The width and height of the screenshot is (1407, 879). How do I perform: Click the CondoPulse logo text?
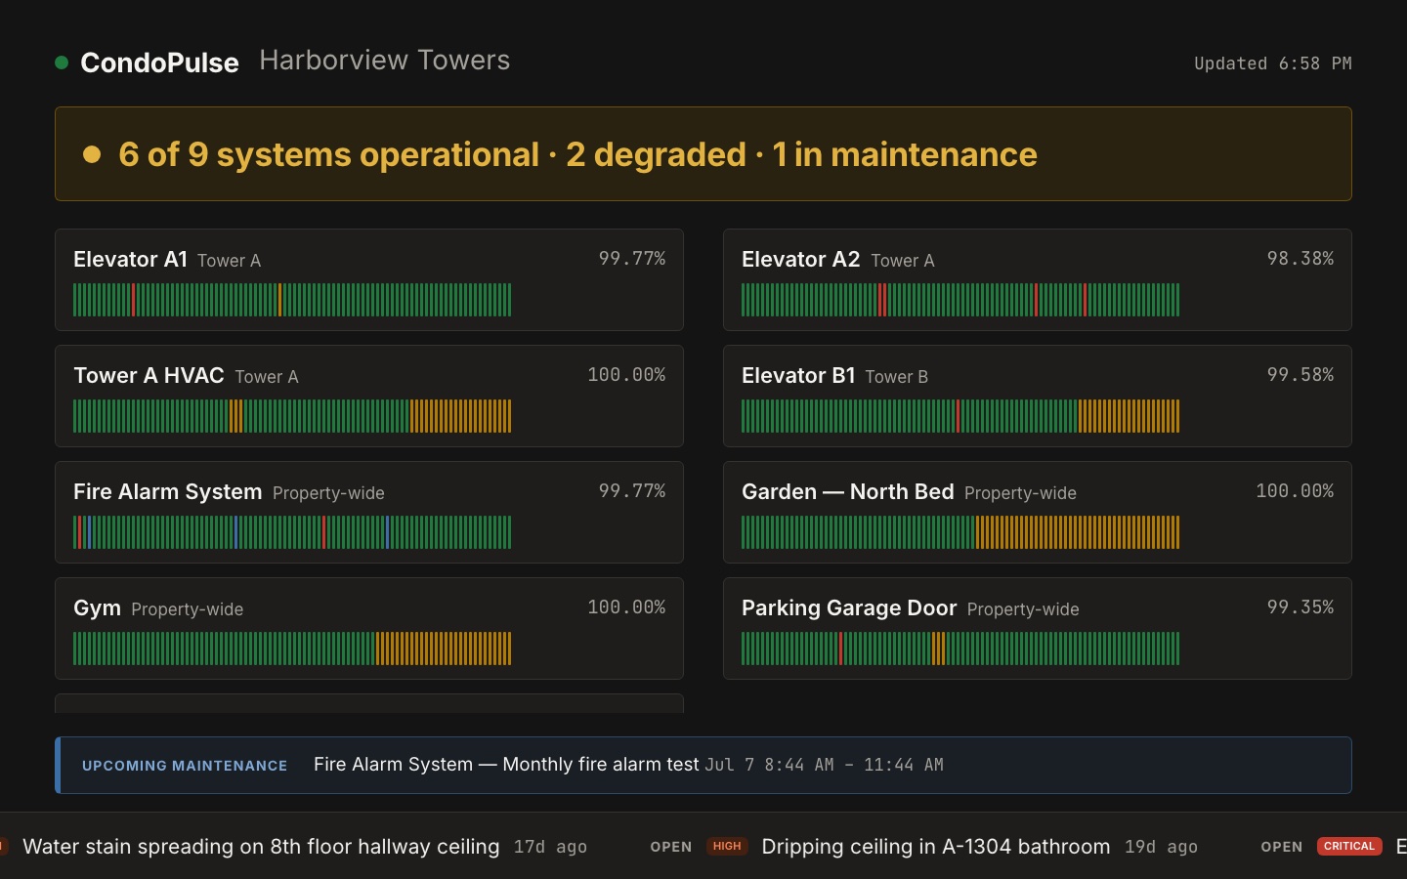pyautogui.click(x=159, y=63)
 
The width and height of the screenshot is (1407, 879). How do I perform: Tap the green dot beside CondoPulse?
pyautogui.click(x=62, y=63)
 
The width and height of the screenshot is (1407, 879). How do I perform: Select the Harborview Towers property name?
pyautogui.click(x=384, y=61)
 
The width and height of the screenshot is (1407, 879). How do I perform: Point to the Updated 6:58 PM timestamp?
pyautogui.click(x=1272, y=63)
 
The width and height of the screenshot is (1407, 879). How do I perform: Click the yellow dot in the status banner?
pyautogui.click(x=92, y=154)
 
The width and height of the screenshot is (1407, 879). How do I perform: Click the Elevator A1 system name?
pyautogui.click(x=130, y=260)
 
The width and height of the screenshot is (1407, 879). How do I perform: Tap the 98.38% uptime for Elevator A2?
pyautogui.click(x=1300, y=258)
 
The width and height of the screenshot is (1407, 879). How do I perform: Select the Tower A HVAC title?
pyautogui.click(x=149, y=375)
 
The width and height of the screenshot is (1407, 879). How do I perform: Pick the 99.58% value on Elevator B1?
pyautogui.click(x=1300, y=374)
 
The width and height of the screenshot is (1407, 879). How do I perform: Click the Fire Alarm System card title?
pyautogui.click(x=168, y=491)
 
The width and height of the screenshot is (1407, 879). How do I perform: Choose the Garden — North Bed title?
pyautogui.click(x=848, y=491)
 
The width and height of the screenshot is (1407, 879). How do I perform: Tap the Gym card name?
pyautogui.click(x=97, y=607)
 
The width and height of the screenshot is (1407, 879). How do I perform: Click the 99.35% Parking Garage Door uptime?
pyautogui.click(x=1300, y=607)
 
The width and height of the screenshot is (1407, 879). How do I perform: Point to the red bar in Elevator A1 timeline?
pyautogui.click(x=134, y=300)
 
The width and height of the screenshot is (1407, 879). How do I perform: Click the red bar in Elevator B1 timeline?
pyautogui.click(x=958, y=416)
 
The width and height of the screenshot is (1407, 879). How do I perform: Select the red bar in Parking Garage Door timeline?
pyautogui.click(x=840, y=648)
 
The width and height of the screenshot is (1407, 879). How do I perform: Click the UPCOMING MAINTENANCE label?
pyautogui.click(x=185, y=766)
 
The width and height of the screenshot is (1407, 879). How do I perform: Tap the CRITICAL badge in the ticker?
pyautogui.click(x=1349, y=846)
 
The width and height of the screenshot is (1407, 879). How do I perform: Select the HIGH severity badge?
pyautogui.click(x=727, y=846)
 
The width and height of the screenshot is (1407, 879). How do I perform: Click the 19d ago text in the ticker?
pyautogui.click(x=1161, y=847)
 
